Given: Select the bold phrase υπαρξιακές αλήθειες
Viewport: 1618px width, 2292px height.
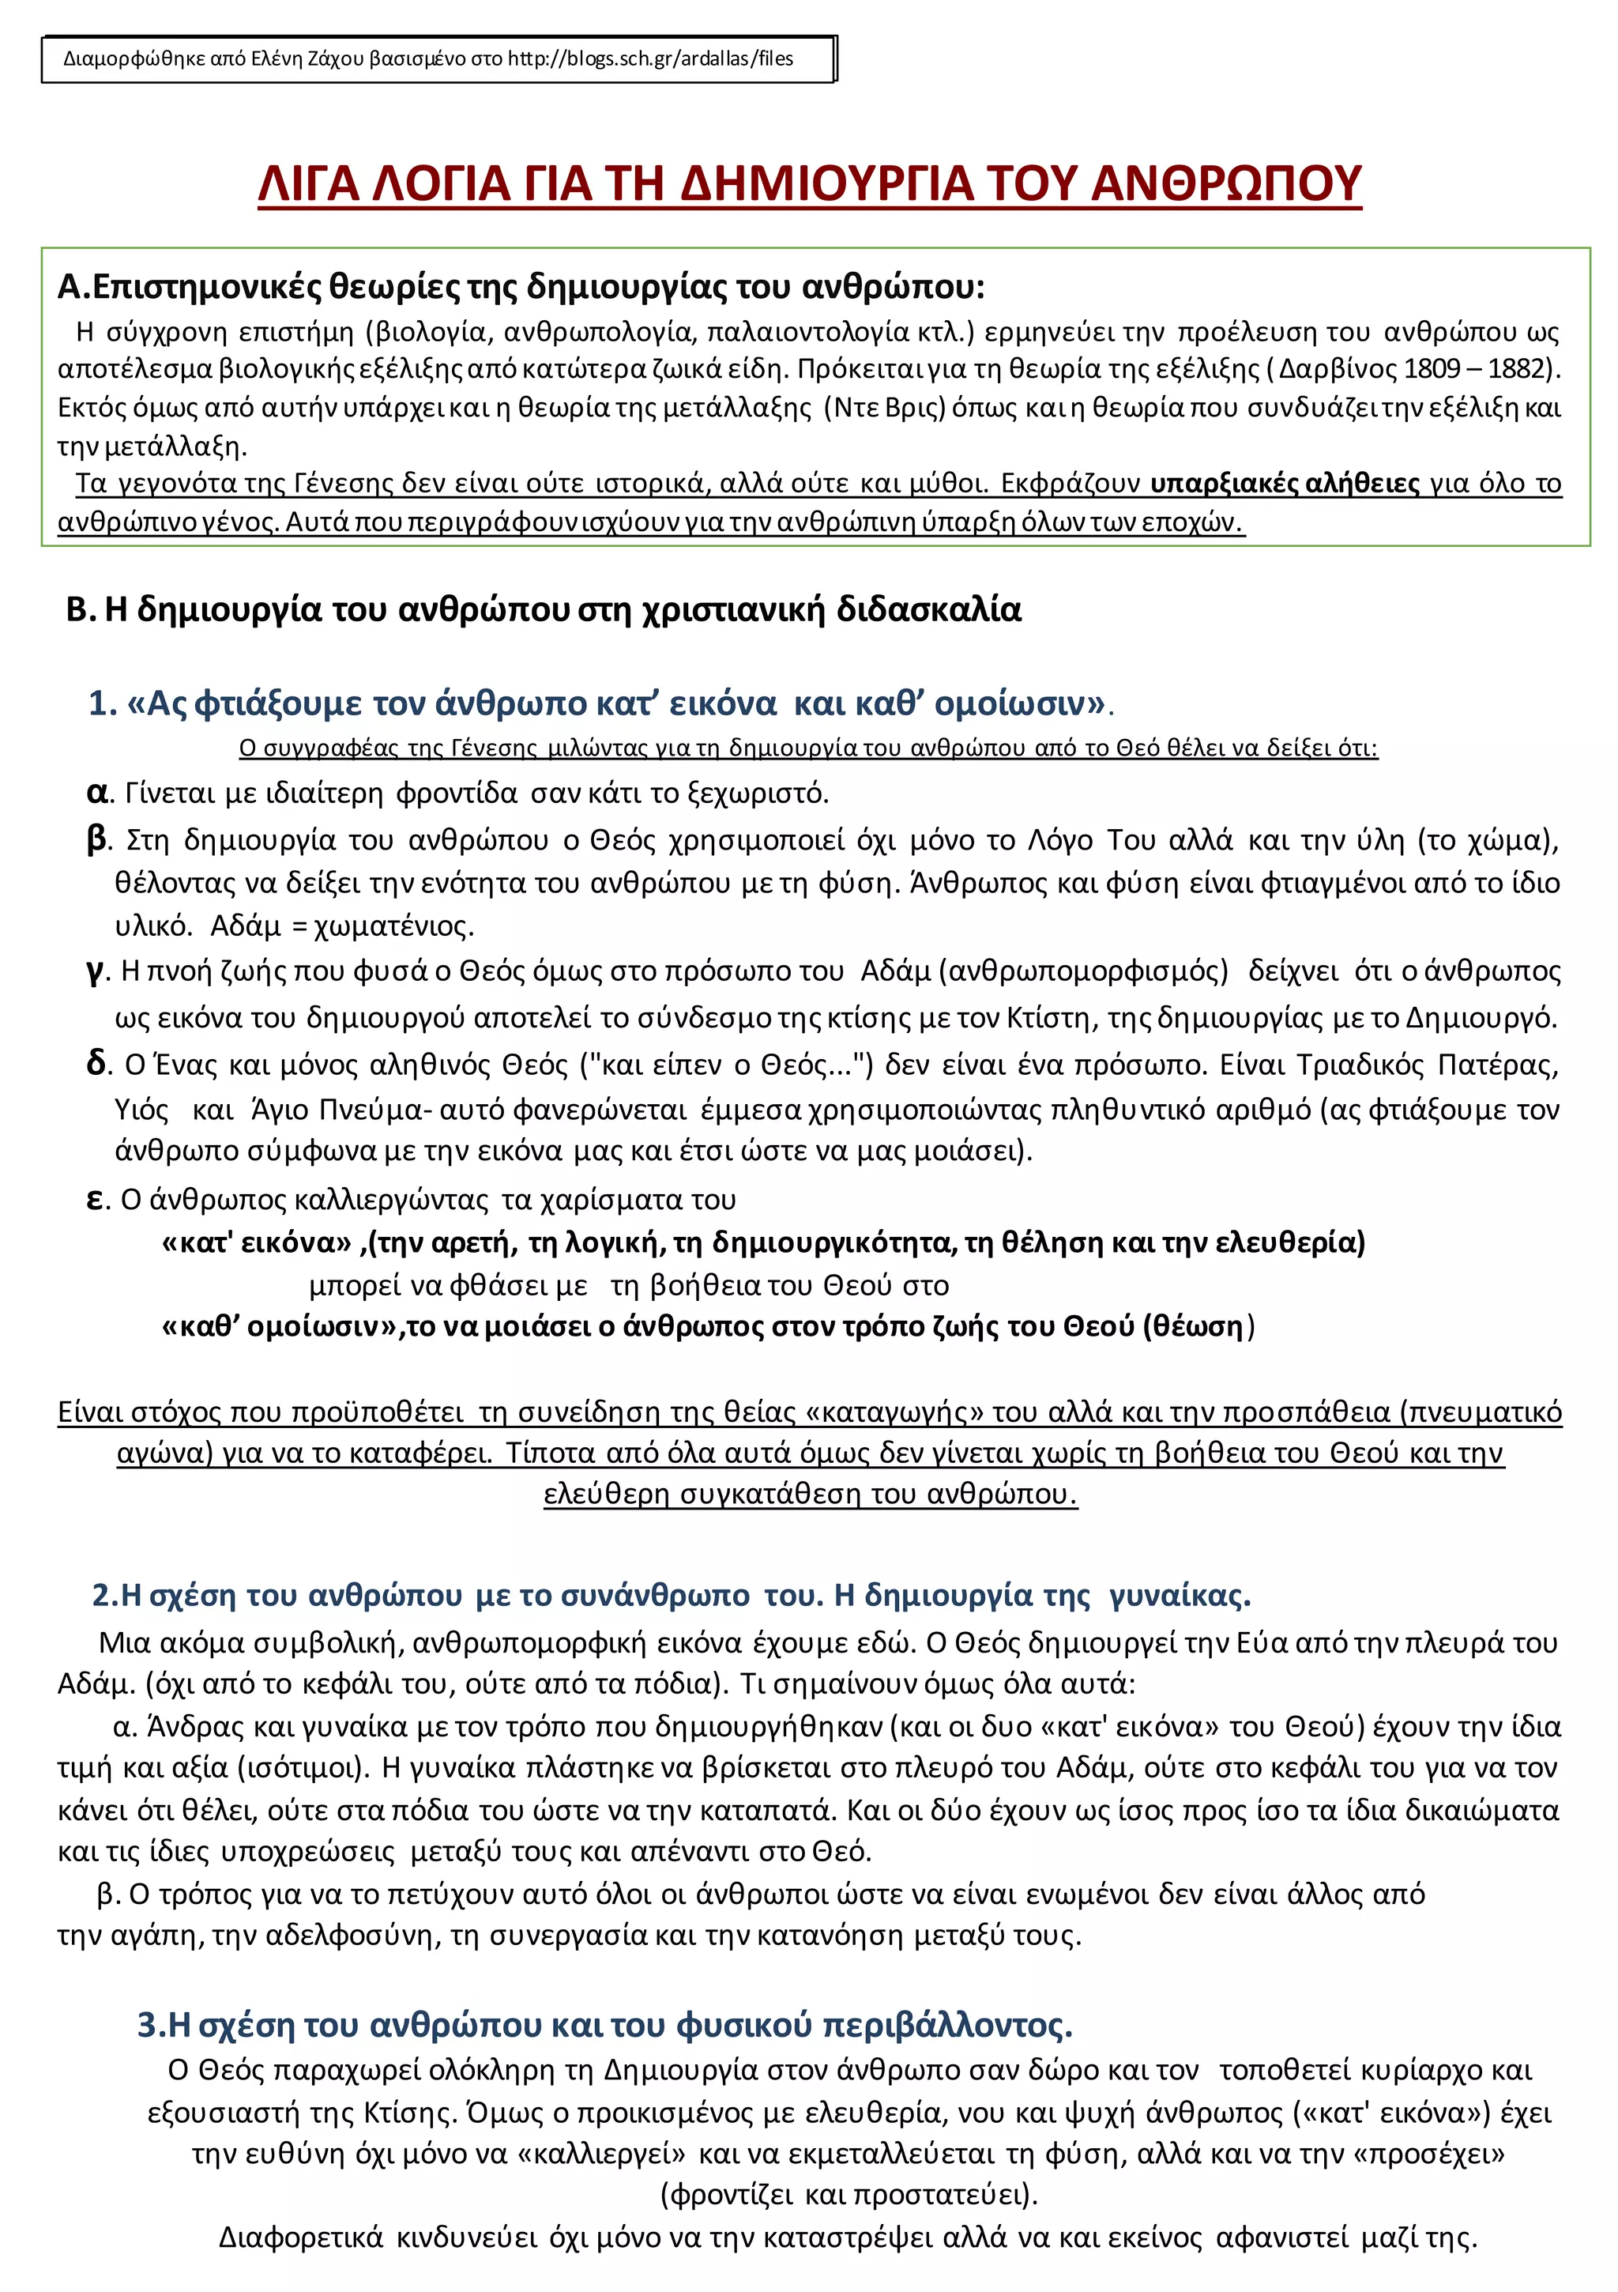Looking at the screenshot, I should click(x=1285, y=484).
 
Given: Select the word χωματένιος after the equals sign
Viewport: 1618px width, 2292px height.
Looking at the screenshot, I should click(x=393, y=926).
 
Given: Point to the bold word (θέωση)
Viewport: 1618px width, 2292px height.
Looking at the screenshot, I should click(x=1198, y=1327).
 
